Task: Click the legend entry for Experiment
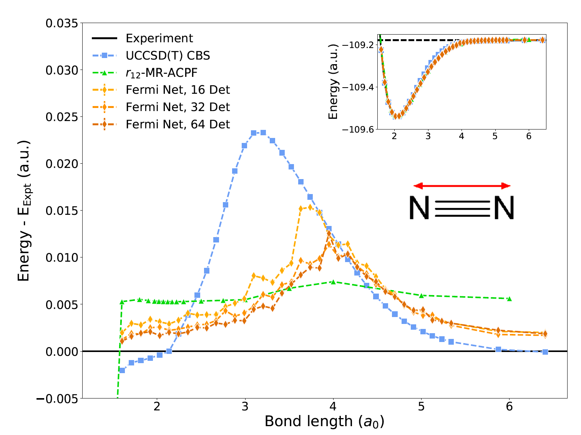pos(159,38)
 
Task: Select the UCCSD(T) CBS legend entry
pos(168,56)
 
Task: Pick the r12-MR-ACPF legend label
pos(161,73)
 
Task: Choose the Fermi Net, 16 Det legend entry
pos(178,90)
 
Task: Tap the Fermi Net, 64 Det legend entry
pos(178,125)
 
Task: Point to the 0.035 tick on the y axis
pos(61,23)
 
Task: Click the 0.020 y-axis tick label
pos(61,164)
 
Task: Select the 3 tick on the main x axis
pos(245,407)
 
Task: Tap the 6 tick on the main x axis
pos(510,407)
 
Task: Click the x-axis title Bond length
pos(324,422)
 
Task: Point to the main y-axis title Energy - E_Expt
pos(24,211)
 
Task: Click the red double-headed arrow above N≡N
pos(462,186)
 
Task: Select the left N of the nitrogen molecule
pos(419,208)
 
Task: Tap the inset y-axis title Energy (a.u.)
pos(333,81)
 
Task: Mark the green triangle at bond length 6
pos(510,299)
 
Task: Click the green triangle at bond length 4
pos(333,282)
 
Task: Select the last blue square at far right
pos(545,352)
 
